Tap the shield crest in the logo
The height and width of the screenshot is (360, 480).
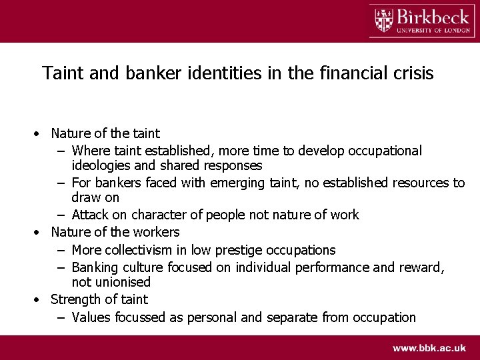click(383, 20)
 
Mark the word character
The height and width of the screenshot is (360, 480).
click(161, 215)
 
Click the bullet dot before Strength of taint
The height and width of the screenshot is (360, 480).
click(39, 300)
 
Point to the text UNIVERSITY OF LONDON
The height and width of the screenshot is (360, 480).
click(433, 29)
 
